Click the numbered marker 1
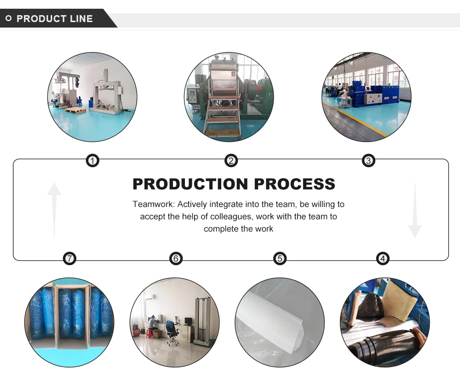[93, 160]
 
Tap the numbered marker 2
[231, 160]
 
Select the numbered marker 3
[368, 160]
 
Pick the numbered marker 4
[383, 259]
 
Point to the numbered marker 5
[280, 259]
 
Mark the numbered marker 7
[69, 259]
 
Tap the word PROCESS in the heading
[295, 184]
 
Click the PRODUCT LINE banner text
[54, 19]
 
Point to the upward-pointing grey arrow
[54, 209]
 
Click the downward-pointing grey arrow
[414, 210]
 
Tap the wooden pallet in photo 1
[75, 110]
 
